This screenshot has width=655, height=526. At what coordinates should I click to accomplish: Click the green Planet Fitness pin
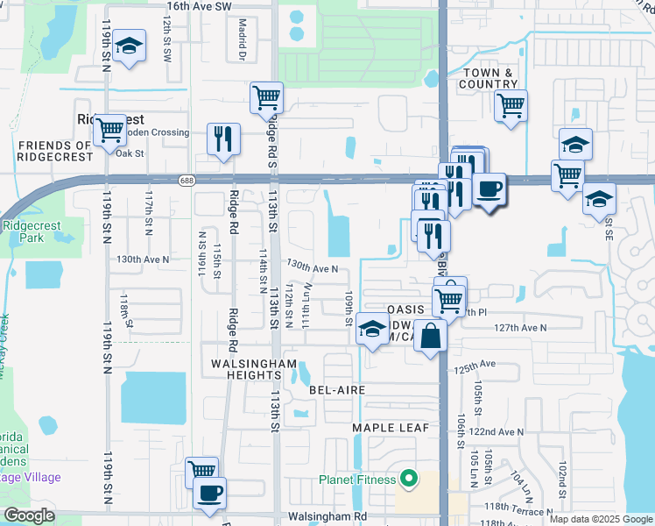(x=406, y=479)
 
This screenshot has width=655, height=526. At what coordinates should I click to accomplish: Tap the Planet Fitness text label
(x=357, y=480)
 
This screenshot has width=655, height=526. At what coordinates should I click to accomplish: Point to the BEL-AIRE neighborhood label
(x=336, y=388)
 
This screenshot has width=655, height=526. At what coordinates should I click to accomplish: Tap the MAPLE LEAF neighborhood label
(x=391, y=427)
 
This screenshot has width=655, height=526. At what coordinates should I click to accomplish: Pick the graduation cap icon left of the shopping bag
(x=373, y=329)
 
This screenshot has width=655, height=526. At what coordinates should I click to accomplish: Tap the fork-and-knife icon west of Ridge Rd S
(x=223, y=139)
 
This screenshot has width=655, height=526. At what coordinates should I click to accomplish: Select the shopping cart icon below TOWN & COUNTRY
(x=511, y=105)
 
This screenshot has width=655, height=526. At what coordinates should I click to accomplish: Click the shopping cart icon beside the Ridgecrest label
(x=109, y=130)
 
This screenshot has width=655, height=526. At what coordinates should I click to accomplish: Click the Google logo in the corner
(x=29, y=515)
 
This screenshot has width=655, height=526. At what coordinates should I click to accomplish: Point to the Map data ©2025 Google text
(x=599, y=519)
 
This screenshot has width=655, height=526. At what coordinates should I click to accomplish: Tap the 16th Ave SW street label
(x=199, y=6)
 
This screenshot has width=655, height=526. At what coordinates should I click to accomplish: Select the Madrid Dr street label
(x=242, y=40)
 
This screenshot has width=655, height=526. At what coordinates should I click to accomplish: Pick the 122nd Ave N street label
(x=497, y=431)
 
